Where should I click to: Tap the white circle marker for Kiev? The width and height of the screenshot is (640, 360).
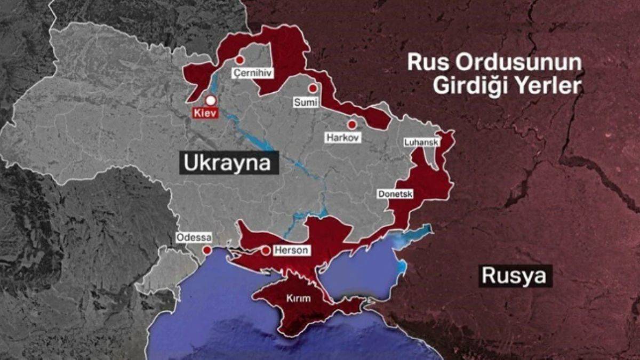click(211, 100)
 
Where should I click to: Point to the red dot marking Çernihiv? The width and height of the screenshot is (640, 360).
click(240, 60)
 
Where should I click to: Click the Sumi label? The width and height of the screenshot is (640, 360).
click(306, 102)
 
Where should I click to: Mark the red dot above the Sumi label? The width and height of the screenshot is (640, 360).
click(313, 89)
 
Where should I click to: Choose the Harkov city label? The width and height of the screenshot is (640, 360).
click(343, 138)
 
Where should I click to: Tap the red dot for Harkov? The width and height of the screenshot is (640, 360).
click(351, 124)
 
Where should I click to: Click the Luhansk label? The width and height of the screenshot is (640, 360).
click(421, 142)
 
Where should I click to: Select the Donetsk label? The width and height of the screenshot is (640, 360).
click(395, 195)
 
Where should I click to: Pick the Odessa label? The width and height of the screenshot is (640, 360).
click(194, 237)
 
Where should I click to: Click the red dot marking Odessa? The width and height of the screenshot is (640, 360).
click(206, 250)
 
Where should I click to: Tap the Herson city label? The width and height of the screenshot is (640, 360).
click(291, 250)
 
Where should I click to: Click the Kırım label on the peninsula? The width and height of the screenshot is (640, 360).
click(298, 299)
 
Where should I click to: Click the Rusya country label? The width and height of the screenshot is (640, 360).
click(514, 276)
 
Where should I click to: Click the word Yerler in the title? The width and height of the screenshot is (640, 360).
click(549, 85)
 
